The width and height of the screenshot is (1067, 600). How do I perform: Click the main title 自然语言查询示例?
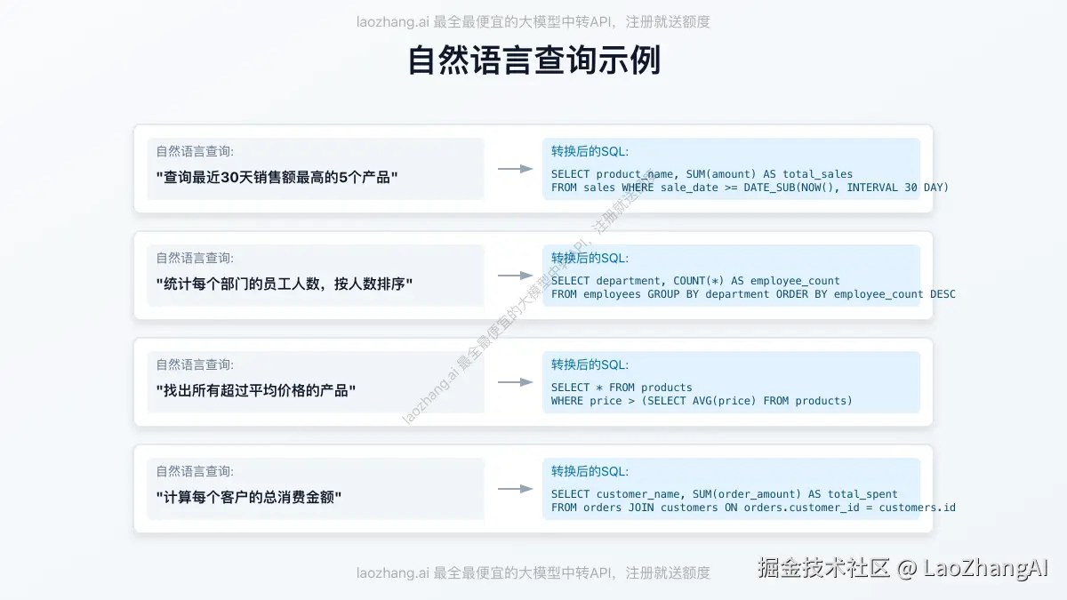pos(533,61)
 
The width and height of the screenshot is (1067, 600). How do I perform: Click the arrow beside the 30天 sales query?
pos(515,169)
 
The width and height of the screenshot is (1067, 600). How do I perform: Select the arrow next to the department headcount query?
pos(515,276)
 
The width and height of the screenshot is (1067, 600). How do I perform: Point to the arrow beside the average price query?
pos(515,382)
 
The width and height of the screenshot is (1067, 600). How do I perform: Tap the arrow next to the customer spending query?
pos(515,489)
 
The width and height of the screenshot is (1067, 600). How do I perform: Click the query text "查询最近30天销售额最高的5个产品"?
pos(277,177)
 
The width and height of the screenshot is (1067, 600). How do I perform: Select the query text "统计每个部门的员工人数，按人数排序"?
pos(285,284)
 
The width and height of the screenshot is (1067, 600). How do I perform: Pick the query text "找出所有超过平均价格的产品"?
pos(255,390)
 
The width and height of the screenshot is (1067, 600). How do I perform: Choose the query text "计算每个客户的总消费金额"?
pos(249,497)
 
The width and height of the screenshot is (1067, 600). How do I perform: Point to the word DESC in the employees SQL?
pos(943,294)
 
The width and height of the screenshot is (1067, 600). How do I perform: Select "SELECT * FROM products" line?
pos(622,388)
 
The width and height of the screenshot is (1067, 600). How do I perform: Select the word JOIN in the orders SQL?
pos(641,508)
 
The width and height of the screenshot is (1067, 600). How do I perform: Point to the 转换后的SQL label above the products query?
pos(590,364)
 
